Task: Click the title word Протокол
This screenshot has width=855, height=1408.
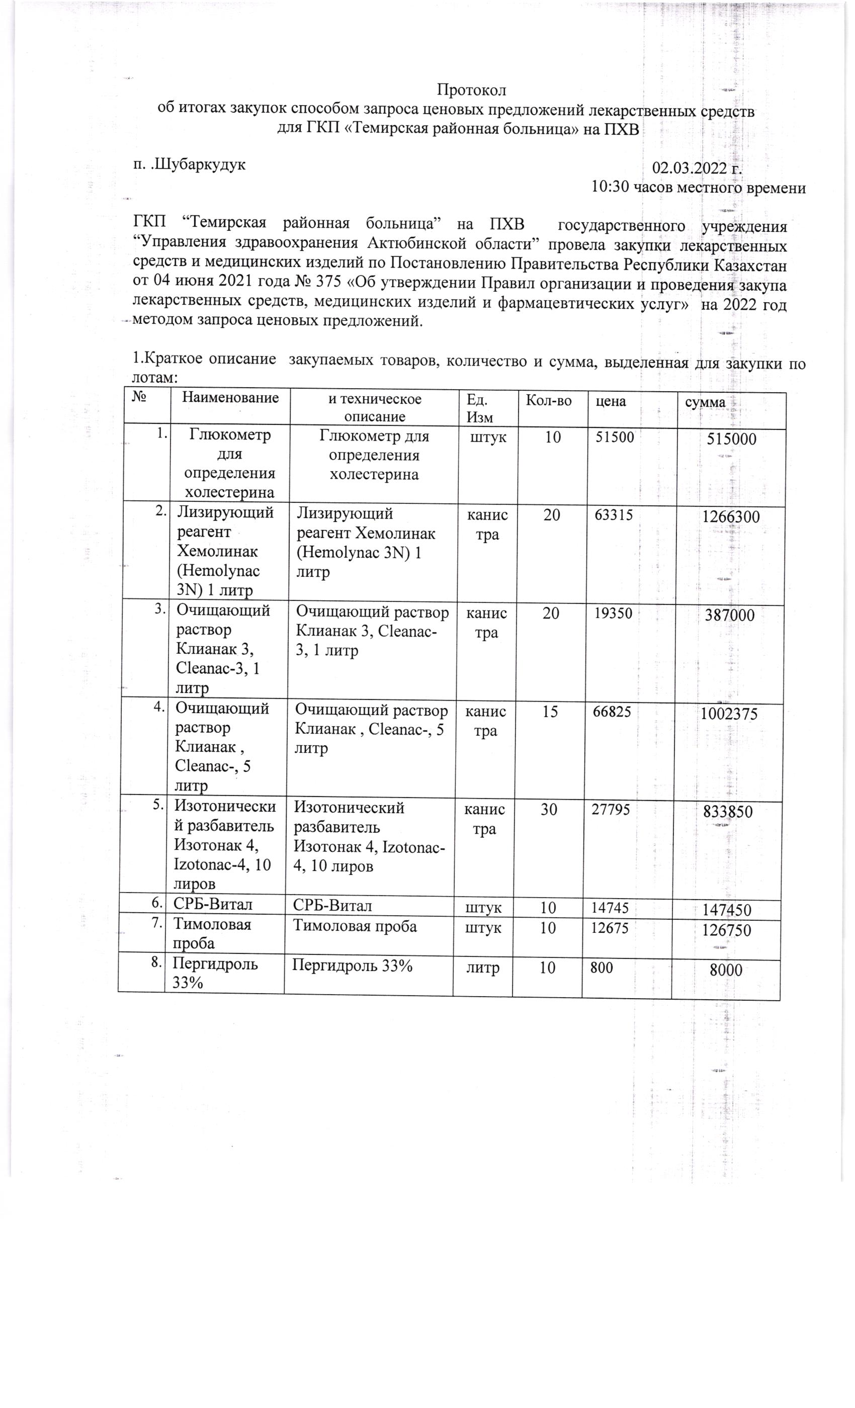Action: point(472,91)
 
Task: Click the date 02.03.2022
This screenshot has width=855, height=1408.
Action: point(689,168)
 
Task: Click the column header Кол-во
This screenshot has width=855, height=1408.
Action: point(549,401)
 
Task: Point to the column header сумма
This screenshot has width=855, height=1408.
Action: point(705,402)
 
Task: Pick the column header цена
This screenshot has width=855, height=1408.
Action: point(611,401)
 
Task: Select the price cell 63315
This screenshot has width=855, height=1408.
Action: point(614,515)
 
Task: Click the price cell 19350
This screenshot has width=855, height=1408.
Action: point(613,613)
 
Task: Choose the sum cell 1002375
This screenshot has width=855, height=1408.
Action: point(729,714)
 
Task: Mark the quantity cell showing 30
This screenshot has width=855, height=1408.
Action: point(549,810)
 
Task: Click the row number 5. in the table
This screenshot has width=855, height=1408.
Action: point(156,806)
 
